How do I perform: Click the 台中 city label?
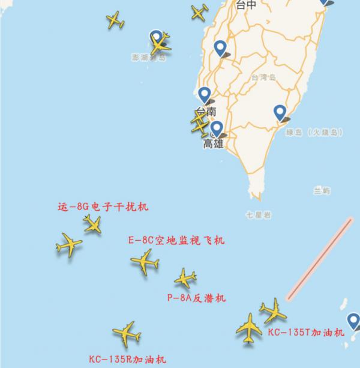click(246, 5)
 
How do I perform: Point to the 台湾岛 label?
click(263, 77)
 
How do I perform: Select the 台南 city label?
click(205, 112)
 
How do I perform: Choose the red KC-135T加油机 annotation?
click(306, 332)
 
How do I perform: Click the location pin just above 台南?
click(205, 95)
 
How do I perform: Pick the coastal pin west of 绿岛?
click(280, 112)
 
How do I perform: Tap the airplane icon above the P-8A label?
click(185, 279)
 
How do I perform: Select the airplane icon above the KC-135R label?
click(126, 333)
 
